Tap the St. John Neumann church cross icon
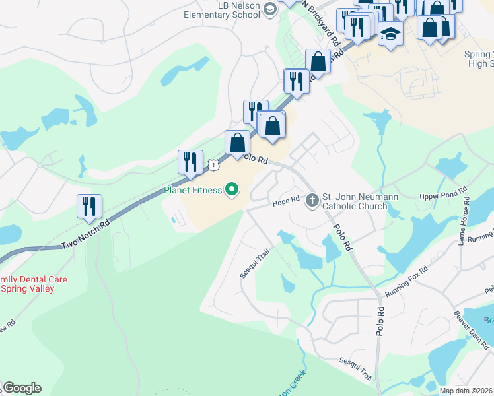coord(313,199)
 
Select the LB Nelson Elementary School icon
coord(269,9)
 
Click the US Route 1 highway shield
coord(212,164)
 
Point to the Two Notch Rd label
coord(86,234)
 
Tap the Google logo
coord(22,387)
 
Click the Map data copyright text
coord(466,391)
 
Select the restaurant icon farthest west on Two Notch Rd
coord(88,206)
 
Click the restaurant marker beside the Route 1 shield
coord(190,162)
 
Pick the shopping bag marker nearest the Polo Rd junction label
coord(237,142)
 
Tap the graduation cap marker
coord(390,32)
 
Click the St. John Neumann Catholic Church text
coord(355,201)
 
